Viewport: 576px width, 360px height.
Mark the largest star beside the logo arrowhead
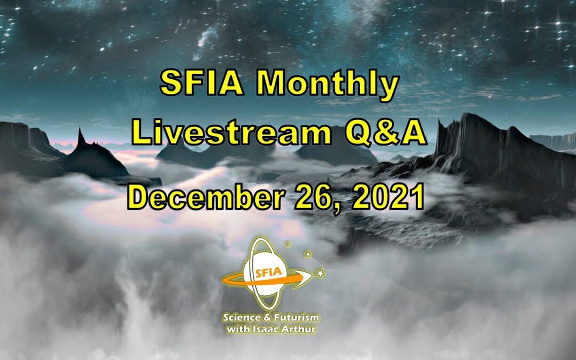[320, 273]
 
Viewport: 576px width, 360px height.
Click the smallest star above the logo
[289, 244]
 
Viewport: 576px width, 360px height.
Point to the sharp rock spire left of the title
[81, 138]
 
